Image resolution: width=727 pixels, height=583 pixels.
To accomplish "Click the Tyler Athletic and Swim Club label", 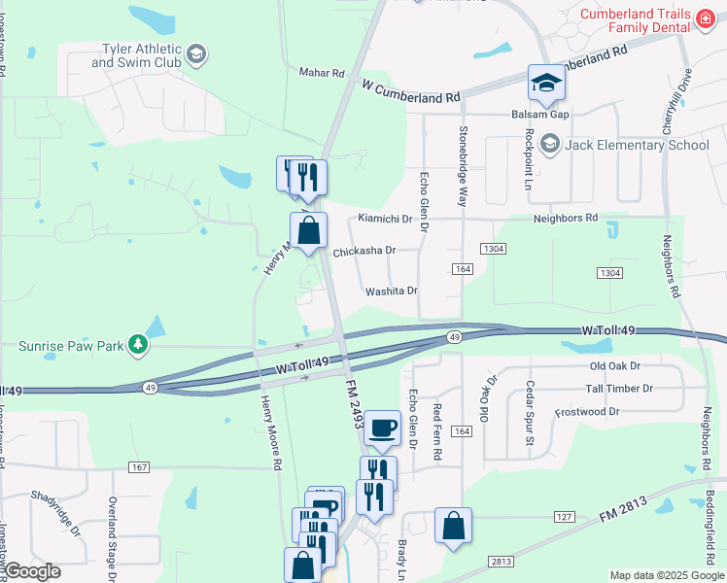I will [x=136, y=54].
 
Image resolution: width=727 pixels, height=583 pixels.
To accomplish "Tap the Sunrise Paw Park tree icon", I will [x=139, y=344].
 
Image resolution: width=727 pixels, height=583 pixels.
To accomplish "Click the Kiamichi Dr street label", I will [x=387, y=219].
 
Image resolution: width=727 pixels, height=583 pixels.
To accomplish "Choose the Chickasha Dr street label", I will [x=364, y=251].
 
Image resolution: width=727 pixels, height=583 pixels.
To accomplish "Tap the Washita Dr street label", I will [x=391, y=291].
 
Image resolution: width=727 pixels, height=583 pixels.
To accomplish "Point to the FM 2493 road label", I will [x=354, y=406].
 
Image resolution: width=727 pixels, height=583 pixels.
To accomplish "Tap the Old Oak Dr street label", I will [x=615, y=366].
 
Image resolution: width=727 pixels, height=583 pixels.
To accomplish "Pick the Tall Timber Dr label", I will [x=619, y=389].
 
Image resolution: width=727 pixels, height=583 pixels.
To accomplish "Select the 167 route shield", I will [x=138, y=467].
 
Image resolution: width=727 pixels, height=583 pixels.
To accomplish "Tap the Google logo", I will [x=33, y=571].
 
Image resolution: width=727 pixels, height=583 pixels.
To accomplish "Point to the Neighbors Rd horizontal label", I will [x=565, y=219].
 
